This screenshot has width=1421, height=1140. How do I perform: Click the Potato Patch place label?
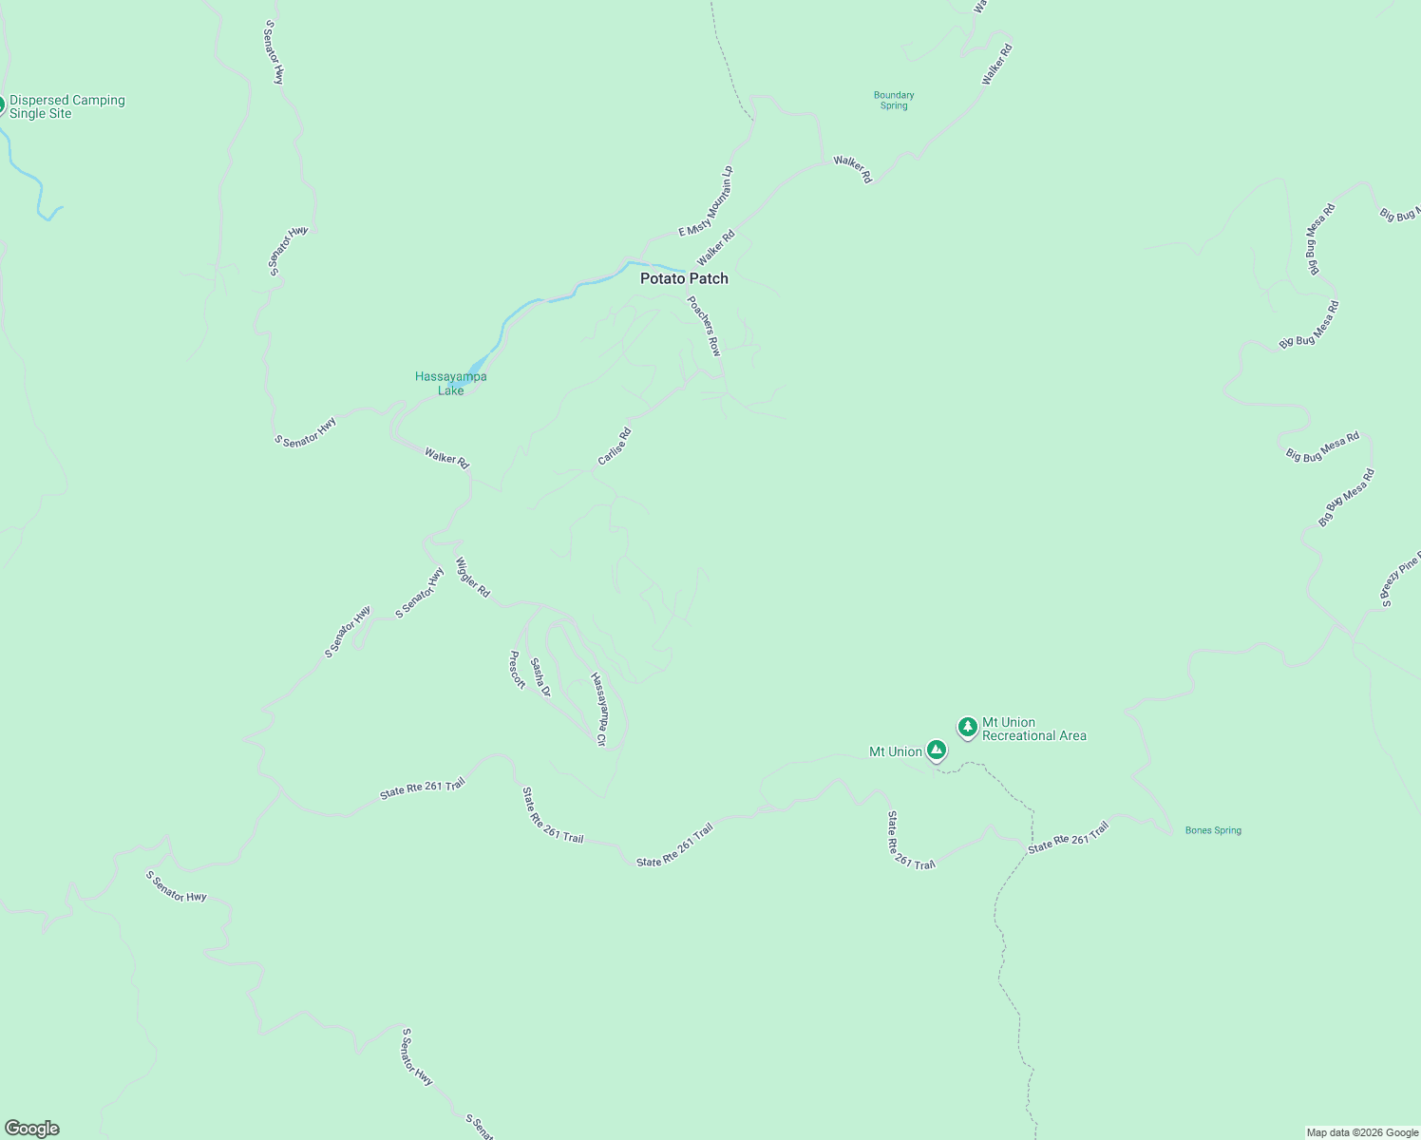pyautogui.click(x=684, y=278)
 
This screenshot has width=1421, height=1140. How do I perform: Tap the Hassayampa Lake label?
pyautogui.click(x=450, y=384)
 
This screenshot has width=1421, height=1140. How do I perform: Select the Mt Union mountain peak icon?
pyautogui.click(x=937, y=750)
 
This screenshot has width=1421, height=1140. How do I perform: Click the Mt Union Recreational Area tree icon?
pyautogui.click(x=967, y=728)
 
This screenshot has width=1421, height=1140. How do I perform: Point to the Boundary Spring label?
pyautogui.click(x=893, y=101)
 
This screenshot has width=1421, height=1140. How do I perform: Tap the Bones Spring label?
pyautogui.click(x=1213, y=830)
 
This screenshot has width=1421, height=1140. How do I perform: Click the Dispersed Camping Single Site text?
pyautogui.click(x=66, y=106)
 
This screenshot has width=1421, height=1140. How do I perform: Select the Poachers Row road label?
pyautogui.click(x=704, y=326)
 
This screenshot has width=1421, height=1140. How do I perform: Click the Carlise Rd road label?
pyautogui.click(x=614, y=446)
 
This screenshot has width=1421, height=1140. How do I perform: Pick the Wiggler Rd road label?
pyautogui.click(x=472, y=577)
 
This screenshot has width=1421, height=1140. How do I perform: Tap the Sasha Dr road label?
pyautogui.click(x=540, y=677)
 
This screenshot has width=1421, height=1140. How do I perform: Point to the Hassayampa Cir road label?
pyautogui.click(x=598, y=709)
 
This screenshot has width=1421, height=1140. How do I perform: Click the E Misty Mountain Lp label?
pyautogui.click(x=707, y=200)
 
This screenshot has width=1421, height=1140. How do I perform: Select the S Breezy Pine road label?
pyautogui.click(x=1400, y=579)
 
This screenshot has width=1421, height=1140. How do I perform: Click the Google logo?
pyautogui.click(x=32, y=1129)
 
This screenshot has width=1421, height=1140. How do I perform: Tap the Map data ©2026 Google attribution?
pyautogui.click(x=1361, y=1132)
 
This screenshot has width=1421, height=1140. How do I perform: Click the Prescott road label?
pyautogui.click(x=517, y=670)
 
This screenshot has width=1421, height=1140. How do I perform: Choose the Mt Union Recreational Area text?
pyautogui.click(x=1033, y=729)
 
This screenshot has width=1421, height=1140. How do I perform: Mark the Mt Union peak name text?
pyautogui.click(x=895, y=751)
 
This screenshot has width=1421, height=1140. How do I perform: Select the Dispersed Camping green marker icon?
pyautogui.click(x=1, y=105)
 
